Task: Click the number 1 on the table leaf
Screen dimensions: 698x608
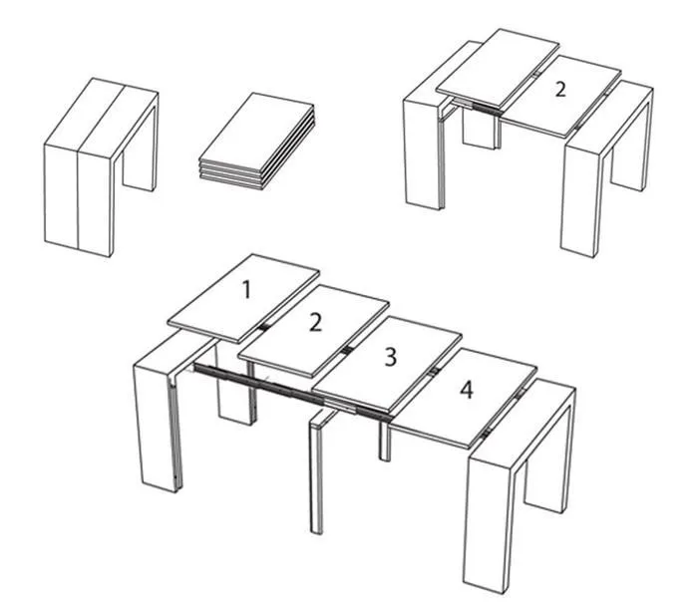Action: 246,290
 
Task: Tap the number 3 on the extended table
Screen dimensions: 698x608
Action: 390,358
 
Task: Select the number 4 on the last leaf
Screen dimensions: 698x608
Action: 466,391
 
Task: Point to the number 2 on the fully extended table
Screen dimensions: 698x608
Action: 315,322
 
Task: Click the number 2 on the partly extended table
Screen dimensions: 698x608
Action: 560,89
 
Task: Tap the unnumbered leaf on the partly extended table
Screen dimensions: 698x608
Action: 498,68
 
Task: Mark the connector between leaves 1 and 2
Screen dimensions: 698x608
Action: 263,327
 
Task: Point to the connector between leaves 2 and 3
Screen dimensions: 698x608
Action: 347,350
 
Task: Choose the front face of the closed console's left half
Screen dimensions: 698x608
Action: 62,195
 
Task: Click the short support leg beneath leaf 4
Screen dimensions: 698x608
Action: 385,441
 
